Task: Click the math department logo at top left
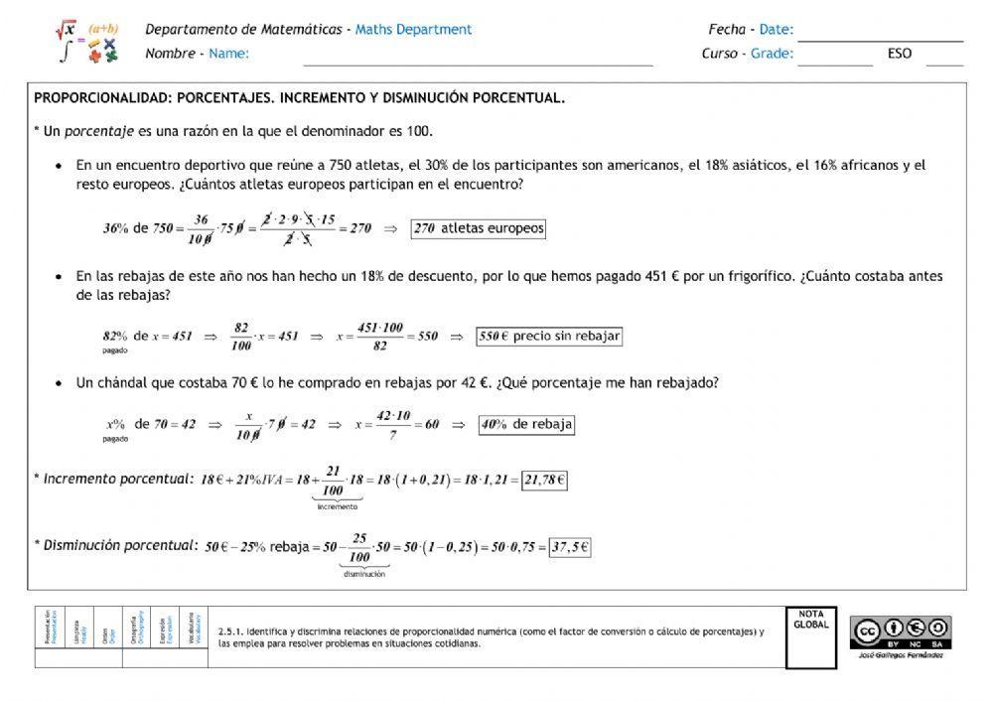[87, 42]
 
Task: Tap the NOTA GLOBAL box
[810, 637]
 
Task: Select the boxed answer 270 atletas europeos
[479, 228]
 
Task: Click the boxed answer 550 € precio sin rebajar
[549, 336]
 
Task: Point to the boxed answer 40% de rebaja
[526, 424]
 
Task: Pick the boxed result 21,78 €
[544, 480]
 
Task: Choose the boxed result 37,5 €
[570, 546]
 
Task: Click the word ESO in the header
[900, 54]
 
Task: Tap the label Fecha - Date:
[750, 30]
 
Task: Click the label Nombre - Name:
[197, 54]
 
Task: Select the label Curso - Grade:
[747, 54]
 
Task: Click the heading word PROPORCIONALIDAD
[93, 98]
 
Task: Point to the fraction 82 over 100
[240, 336]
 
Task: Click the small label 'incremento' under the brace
[338, 506]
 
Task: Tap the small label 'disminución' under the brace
[364, 573]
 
